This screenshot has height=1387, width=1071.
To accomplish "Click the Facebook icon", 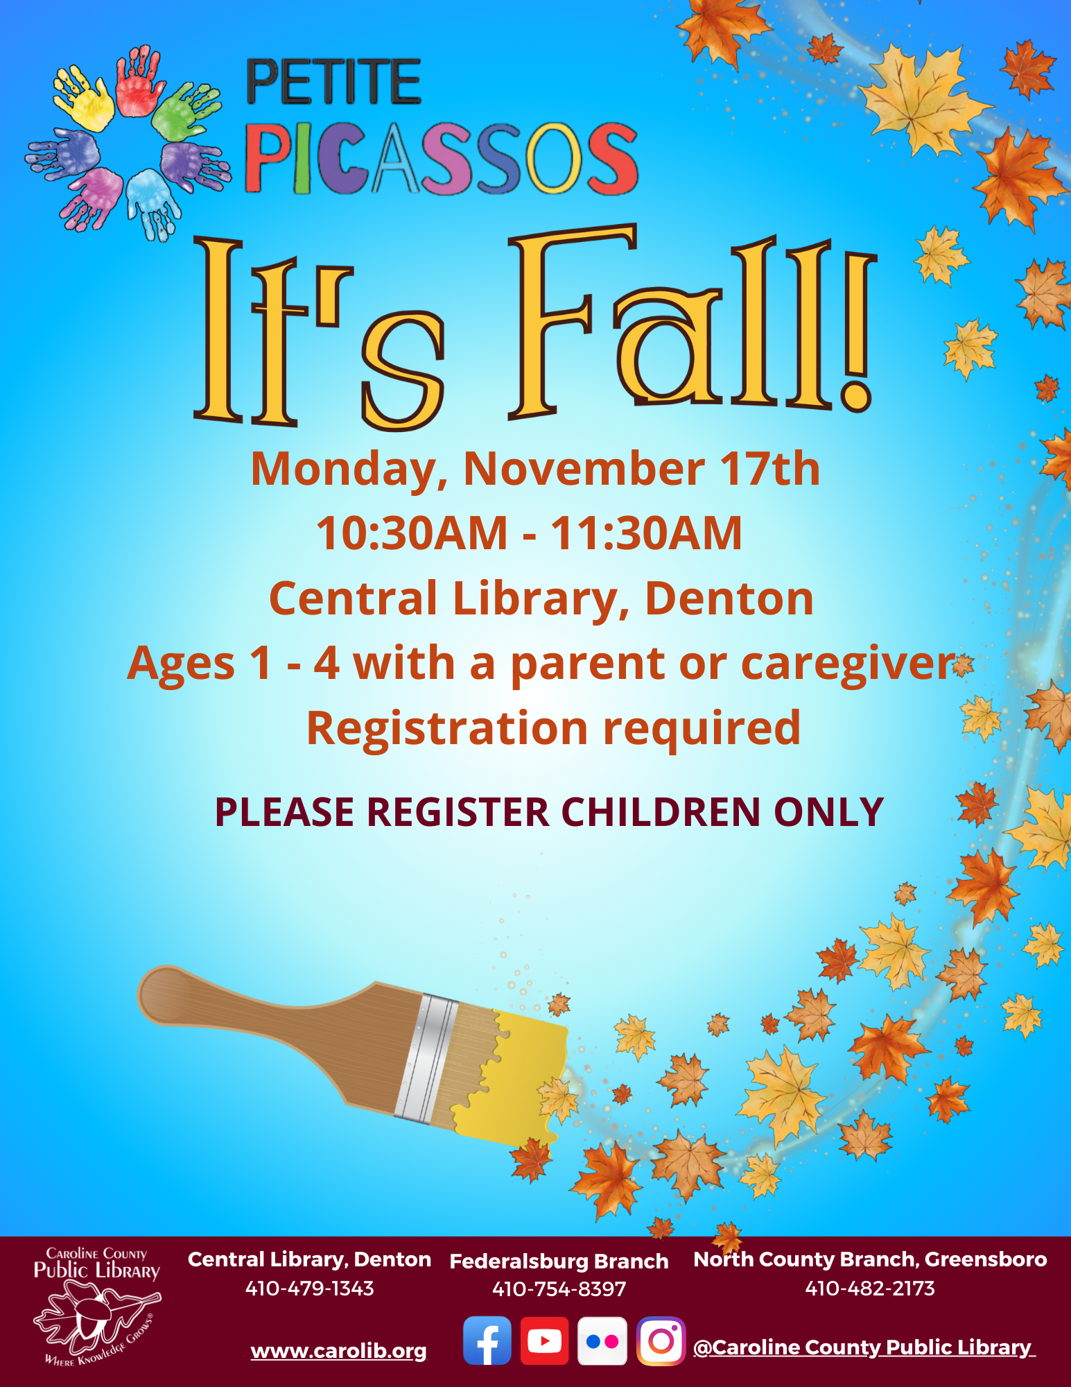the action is pyautogui.click(x=487, y=1341).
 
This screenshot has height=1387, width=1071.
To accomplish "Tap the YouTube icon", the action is pyautogui.click(x=544, y=1341).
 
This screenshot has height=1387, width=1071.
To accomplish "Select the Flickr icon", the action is pyautogui.click(x=602, y=1341).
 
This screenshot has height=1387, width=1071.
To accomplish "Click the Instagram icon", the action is pyautogui.click(x=661, y=1341).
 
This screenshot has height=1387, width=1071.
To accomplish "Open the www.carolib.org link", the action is pyautogui.click(x=339, y=1351).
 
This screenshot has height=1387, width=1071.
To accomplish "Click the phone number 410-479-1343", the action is pyautogui.click(x=310, y=1289).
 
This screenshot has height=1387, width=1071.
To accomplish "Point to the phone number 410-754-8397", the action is pyautogui.click(x=559, y=1289).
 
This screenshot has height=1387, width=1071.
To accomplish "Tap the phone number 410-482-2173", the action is pyautogui.click(x=870, y=1289).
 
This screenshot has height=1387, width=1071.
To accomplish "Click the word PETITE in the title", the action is pyautogui.click(x=334, y=82).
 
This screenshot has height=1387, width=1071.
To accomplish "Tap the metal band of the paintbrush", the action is pyautogui.click(x=427, y=1057).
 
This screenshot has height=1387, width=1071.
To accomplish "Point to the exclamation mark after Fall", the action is pyautogui.click(x=858, y=331).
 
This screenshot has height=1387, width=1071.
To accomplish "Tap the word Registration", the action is pyautogui.click(x=447, y=729).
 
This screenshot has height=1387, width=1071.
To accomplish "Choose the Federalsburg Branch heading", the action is pyautogui.click(x=559, y=1261).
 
